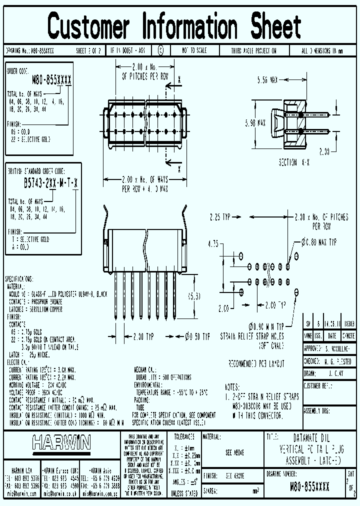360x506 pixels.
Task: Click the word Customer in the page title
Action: pyautogui.click(x=88, y=26)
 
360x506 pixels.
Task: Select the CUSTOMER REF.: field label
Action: pyautogui.click(x=318, y=386)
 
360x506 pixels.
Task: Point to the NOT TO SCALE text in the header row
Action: pyautogui.click(x=194, y=51)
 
